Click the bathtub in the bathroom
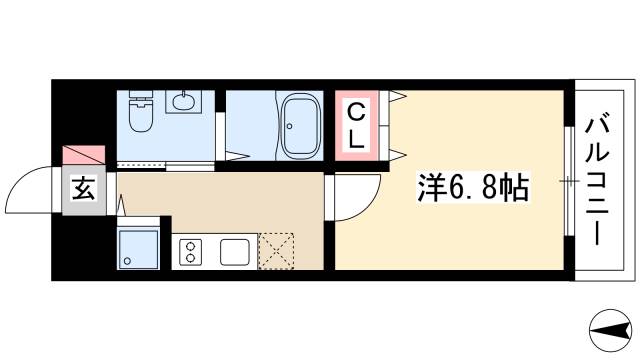(299, 126)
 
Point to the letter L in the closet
(356, 142)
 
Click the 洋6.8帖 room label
(472, 186)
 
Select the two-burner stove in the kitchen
(191, 251)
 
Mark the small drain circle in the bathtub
(290, 125)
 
